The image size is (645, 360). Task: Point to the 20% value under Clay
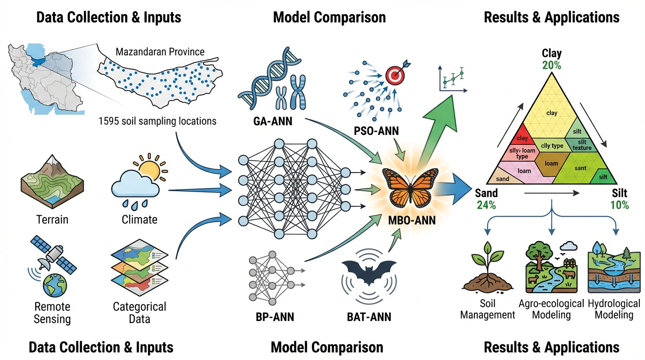551,65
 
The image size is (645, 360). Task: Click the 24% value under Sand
486,205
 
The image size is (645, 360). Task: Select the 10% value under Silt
619,205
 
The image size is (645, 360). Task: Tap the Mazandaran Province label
160,52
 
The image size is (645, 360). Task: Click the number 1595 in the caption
109,121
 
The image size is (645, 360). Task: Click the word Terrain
52,219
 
